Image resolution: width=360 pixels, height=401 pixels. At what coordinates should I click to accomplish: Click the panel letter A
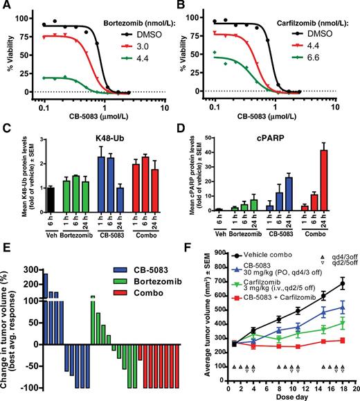pos(6,6)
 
